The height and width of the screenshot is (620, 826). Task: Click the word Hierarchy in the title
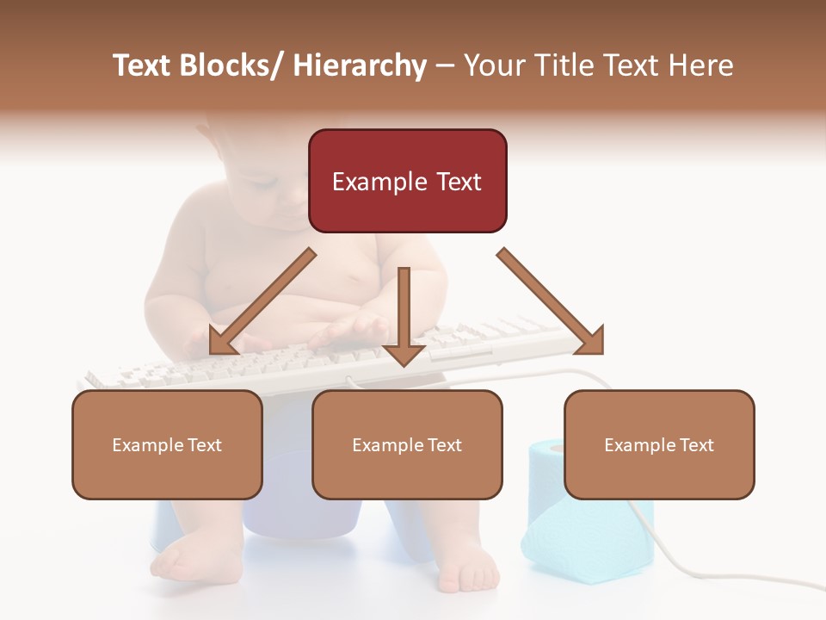(360, 65)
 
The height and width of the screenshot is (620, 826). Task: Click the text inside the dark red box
(407, 182)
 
